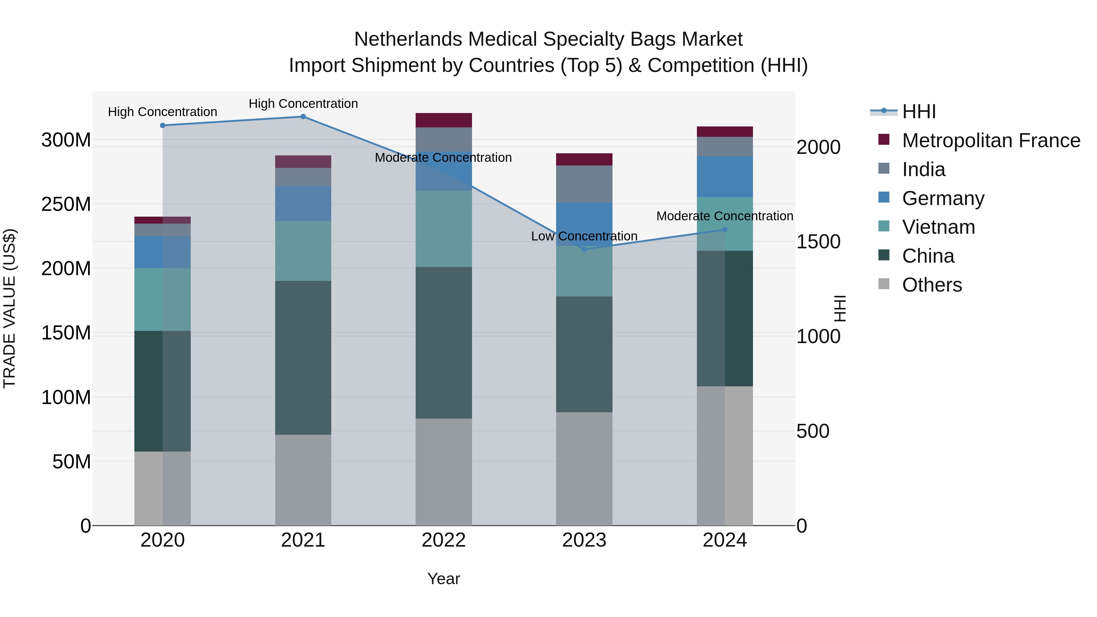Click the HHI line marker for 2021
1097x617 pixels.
pos(303,117)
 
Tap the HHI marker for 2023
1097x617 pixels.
pos(584,250)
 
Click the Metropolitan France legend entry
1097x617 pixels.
pos(991,140)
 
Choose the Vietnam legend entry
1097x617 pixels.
pos(938,227)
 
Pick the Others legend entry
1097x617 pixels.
pos(932,285)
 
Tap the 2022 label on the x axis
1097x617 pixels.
pos(443,540)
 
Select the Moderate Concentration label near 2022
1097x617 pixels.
pos(443,158)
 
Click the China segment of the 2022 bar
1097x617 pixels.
pos(443,343)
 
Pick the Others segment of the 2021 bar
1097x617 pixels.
pos(303,480)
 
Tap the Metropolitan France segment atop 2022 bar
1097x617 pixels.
pos(443,120)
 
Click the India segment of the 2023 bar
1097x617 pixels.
pos(584,184)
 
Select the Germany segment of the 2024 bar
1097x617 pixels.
pos(724,177)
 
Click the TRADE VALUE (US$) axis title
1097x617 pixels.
pos(9,308)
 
